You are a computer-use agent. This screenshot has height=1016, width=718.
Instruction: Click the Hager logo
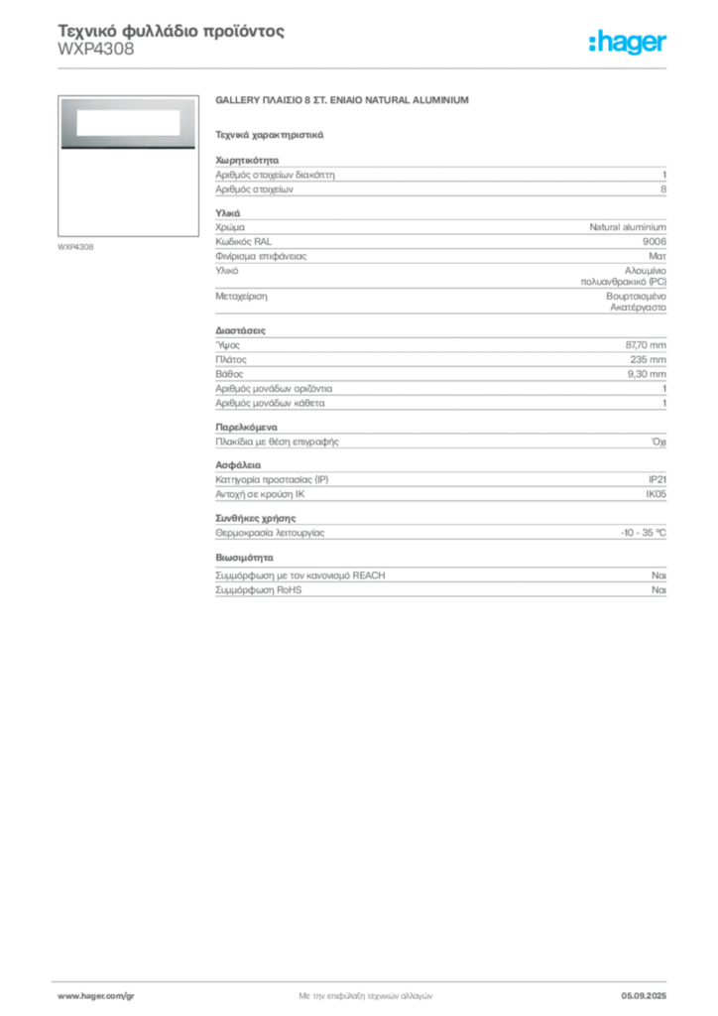[628, 43]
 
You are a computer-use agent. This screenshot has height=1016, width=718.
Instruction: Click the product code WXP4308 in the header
[96, 50]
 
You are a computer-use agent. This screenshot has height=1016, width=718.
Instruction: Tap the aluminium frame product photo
[128, 123]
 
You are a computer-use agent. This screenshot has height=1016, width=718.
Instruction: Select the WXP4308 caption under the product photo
[75, 247]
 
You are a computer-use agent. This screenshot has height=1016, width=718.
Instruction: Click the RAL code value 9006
[654, 242]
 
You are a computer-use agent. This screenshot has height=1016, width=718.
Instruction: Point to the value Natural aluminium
[628, 227]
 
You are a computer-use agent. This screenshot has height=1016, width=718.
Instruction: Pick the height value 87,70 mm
[646, 345]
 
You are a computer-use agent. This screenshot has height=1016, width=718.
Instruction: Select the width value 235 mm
[648, 359]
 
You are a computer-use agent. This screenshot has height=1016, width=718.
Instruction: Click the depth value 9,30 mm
[647, 374]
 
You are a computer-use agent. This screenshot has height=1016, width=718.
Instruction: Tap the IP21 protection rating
[658, 479]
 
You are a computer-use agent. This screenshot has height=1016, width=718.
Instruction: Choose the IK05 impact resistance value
[656, 494]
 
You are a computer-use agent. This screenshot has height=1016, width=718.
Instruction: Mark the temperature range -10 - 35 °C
[644, 533]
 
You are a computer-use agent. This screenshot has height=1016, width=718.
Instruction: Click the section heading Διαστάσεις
[240, 330]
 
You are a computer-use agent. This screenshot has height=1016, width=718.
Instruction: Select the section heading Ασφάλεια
[238, 465]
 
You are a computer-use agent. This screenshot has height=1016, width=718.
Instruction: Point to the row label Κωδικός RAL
[243, 242]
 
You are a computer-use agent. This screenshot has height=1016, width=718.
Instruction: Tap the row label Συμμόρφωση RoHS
[258, 590]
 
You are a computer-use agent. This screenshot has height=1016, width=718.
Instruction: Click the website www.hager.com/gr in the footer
[96, 996]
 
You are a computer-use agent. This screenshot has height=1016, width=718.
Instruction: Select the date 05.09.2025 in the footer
[644, 996]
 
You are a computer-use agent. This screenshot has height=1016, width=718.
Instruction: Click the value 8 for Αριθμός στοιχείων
[663, 190]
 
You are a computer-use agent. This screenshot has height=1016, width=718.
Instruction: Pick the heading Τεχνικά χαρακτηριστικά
[270, 135]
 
